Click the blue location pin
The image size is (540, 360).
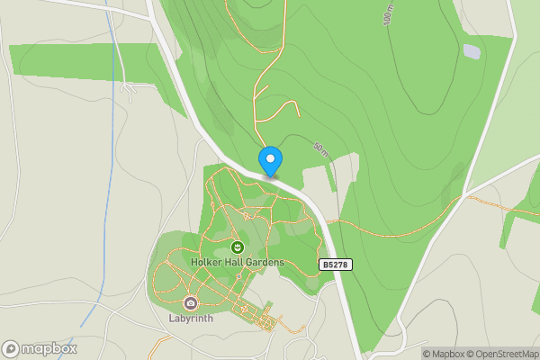click(270, 161)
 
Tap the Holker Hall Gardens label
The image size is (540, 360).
click(238, 262)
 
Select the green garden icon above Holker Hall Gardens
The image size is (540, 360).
click(238, 246)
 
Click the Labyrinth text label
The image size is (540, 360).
click(190, 318)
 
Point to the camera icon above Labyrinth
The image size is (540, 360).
click(190, 302)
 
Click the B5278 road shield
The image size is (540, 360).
click(334, 265)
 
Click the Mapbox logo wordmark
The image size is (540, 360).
click(49, 349)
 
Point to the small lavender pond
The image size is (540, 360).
click(472, 51)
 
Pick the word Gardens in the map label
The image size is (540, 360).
click(266, 262)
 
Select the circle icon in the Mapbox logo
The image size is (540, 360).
click(11, 349)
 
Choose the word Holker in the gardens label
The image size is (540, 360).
click(207, 262)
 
